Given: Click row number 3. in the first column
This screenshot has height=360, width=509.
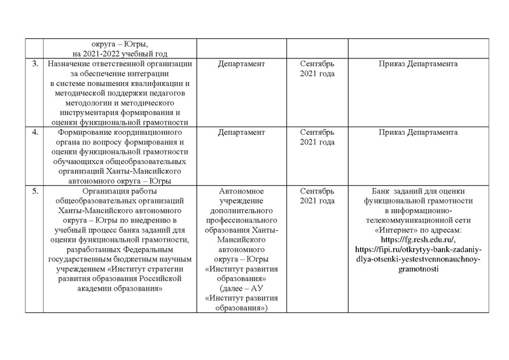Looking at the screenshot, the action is coord(34,64).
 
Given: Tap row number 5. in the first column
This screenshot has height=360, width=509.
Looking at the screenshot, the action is coord(34,191).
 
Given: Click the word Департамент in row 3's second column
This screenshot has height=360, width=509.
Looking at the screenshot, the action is coord(241,64).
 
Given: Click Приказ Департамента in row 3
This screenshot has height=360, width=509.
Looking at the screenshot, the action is coord(418,64).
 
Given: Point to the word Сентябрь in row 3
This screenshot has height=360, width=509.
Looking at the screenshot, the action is coord(317,64).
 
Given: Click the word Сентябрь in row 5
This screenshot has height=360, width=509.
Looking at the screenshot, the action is coord(317,191).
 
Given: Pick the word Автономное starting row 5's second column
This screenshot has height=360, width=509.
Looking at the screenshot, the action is coord(241,191).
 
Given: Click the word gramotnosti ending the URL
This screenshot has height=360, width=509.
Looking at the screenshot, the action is coord(418,269).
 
